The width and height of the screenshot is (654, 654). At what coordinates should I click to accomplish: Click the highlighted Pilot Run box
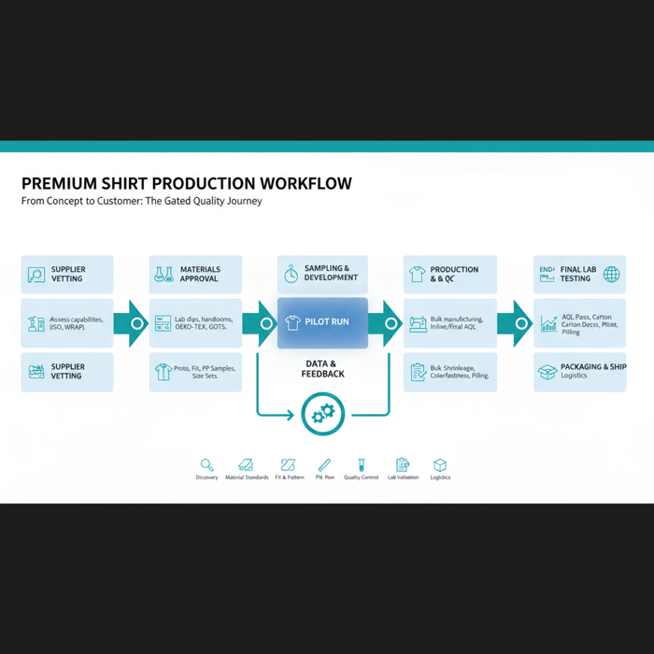click(322, 322)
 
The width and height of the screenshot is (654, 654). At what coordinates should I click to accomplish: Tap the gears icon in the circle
click(323, 413)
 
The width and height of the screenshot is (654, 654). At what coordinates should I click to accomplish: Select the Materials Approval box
click(195, 275)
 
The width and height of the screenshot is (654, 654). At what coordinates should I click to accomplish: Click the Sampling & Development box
click(322, 274)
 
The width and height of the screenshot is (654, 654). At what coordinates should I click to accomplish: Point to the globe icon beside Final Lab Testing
click(611, 274)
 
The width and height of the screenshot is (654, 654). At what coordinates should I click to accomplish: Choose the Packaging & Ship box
click(579, 372)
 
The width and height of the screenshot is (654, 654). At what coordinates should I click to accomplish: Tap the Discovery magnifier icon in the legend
click(207, 464)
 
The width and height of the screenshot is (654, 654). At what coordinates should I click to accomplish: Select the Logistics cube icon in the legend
click(440, 464)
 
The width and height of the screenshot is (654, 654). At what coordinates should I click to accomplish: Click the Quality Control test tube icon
click(362, 464)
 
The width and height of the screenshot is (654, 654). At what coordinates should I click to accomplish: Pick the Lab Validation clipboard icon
click(403, 464)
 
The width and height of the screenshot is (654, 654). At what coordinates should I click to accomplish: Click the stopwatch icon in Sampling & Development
click(291, 274)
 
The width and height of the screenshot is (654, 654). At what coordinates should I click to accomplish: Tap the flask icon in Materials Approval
click(163, 275)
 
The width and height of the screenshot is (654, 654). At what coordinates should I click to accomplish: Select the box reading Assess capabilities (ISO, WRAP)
click(67, 323)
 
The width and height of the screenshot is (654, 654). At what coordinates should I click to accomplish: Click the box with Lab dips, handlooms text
click(195, 323)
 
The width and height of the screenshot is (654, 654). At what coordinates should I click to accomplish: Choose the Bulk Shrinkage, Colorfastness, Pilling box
click(450, 372)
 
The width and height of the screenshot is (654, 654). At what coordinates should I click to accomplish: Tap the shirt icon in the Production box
click(417, 275)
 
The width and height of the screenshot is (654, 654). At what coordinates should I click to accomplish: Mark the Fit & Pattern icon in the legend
click(288, 464)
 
